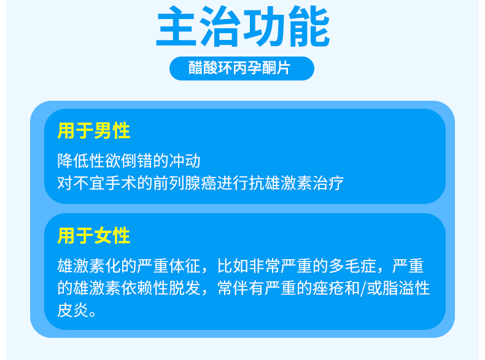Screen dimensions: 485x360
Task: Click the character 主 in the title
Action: pyautogui.click(x=177, y=26)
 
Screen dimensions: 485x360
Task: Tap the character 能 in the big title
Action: pyautogui.click(x=309, y=26)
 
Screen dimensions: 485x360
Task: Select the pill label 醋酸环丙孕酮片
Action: pyautogui.click(x=239, y=68)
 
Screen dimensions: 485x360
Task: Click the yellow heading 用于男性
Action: pyautogui.click(x=93, y=131)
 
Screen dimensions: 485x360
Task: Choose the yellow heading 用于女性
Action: pyautogui.click(x=93, y=235)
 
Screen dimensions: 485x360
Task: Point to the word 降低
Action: pyautogui.click(x=73, y=161)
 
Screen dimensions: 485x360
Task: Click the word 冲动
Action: pyautogui.click(x=185, y=161)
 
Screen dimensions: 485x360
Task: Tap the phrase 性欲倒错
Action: pyautogui.click(x=121, y=161)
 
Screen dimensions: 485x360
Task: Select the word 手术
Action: pyautogui.click(x=121, y=182)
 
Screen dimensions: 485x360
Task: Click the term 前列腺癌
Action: pyautogui.click(x=185, y=182)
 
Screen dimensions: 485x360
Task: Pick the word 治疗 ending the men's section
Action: pyautogui.click(x=328, y=182)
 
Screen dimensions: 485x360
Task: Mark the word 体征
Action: pyautogui.click(x=185, y=266)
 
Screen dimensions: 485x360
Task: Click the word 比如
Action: pyautogui.click(x=233, y=266)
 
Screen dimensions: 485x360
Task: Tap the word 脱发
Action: pyautogui.click(x=185, y=288)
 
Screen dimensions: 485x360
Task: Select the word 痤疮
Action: pyautogui.click(x=328, y=288)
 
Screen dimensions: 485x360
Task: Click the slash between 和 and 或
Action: pyautogui.click(x=363, y=288)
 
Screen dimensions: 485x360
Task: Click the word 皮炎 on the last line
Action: pyautogui.click(x=73, y=310)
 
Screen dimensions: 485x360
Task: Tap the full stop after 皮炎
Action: pyautogui.click(x=93, y=313)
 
